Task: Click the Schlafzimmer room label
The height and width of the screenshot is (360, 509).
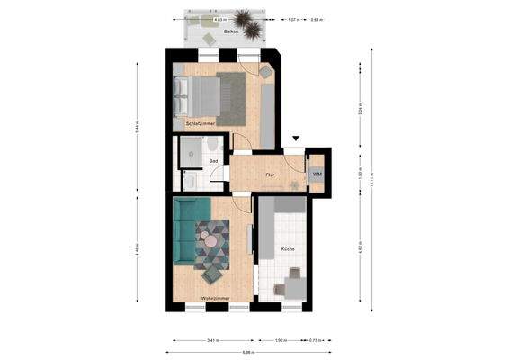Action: pos(199,123)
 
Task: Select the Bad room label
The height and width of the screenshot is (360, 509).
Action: pos(213,161)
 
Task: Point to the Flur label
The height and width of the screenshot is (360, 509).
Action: pos(269,175)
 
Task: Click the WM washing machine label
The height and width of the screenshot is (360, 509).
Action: pos(317,172)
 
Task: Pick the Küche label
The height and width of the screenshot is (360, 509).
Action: pos(287,249)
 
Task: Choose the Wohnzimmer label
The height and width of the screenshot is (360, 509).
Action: pos(215,297)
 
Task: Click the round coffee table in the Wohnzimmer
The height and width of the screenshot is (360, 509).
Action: pos(210,240)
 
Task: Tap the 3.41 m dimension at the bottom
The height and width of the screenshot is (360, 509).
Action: pos(212,341)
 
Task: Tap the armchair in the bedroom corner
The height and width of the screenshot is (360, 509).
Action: pos(265,70)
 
